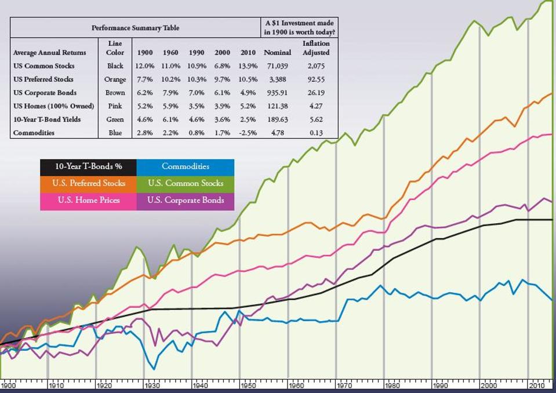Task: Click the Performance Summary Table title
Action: tap(135, 28)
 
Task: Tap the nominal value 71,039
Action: tap(278, 66)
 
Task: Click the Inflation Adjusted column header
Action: tap(316, 48)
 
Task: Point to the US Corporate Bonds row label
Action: tap(45, 93)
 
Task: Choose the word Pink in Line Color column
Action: tap(115, 106)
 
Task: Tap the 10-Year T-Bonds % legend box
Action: tap(88, 167)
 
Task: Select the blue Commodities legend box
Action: tap(186, 167)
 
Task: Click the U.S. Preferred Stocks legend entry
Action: tap(88, 184)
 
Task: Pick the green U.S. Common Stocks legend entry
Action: tap(186, 184)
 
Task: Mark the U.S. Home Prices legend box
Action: tap(88, 201)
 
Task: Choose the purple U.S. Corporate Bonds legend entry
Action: tap(186, 201)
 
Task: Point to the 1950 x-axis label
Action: tap(248, 385)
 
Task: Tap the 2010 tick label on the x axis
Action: tap(535, 385)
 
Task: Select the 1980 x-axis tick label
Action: tap(391, 385)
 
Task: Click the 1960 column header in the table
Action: tap(170, 53)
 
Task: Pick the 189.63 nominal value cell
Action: tap(278, 119)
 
